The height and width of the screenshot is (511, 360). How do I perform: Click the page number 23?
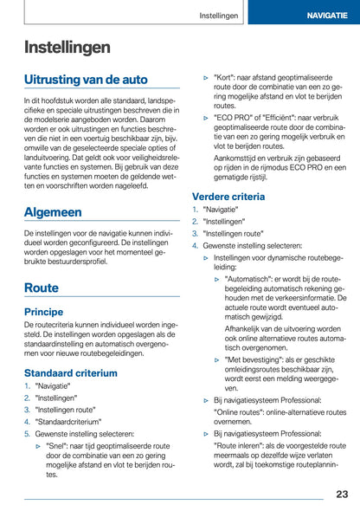(342, 494)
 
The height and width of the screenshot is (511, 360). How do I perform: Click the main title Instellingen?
(67, 47)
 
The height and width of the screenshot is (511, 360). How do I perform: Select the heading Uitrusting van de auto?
(86, 80)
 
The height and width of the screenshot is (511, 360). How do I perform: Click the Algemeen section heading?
(53, 211)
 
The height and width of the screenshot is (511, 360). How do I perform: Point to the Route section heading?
(42, 287)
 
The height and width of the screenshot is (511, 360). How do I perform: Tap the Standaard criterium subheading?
(70, 372)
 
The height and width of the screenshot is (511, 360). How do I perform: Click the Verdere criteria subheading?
(228, 197)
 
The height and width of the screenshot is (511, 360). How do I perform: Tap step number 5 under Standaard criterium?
(27, 433)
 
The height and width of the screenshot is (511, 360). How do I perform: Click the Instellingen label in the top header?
(219, 16)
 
